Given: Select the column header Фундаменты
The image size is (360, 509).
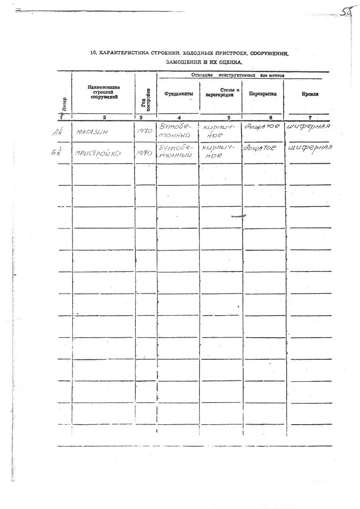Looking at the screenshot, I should click(x=178, y=94).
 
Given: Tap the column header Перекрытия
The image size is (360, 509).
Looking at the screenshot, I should click(x=263, y=94).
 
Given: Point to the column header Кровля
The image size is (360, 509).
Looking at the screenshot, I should click(x=311, y=94).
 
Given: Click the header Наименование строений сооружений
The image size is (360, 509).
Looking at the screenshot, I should click(x=104, y=92).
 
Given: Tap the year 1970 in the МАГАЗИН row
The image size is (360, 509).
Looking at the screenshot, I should click(x=144, y=131).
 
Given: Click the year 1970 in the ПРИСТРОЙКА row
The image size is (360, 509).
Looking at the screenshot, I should click(x=145, y=154).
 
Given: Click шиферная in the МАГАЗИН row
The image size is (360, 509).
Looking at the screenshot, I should click(x=309, y=127).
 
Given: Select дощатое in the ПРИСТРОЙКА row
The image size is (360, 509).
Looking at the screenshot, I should click(x=260, y=148).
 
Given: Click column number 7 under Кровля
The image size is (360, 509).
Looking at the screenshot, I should click(x=310, y=117).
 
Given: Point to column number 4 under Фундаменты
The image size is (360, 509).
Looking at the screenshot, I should click(x=179, y=117).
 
